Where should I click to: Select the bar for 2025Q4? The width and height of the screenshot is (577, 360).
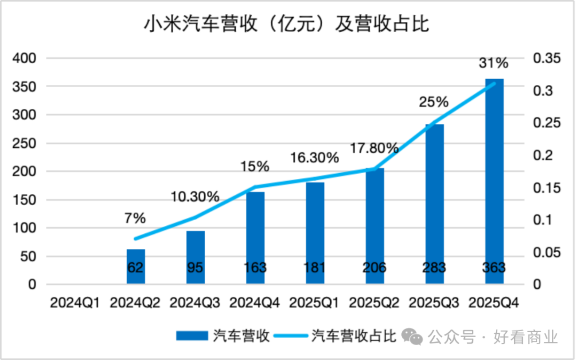click(x=494, y=182)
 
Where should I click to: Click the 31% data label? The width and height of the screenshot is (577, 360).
click(x=493, y=63)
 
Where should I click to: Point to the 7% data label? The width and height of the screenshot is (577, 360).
click(x=135, y=218)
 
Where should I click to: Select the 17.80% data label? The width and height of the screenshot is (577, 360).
click(x=374, y=148)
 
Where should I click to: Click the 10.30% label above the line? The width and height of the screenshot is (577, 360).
click(x=195, y=197)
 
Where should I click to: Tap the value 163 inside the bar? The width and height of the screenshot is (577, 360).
click(x=255, y=268)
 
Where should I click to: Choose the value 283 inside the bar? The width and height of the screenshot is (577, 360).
click(x=434, y=268)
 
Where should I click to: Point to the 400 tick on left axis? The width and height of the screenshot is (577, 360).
click(x=24, y=58)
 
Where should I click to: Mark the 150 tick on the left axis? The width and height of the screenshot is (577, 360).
click(x=24, y=200)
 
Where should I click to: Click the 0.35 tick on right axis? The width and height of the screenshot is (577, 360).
click(x=547, y=58)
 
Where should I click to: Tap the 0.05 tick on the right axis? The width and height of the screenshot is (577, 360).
click(x=547, y=252)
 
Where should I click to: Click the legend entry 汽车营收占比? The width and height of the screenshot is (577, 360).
click(x=353, y=336)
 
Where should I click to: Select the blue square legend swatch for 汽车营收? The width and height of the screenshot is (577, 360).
click(x=192, y=336)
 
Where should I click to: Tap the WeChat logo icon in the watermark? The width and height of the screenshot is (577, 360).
click(x=412, y=336)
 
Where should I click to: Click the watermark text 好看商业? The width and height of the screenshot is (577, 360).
click(x=526, y=337)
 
